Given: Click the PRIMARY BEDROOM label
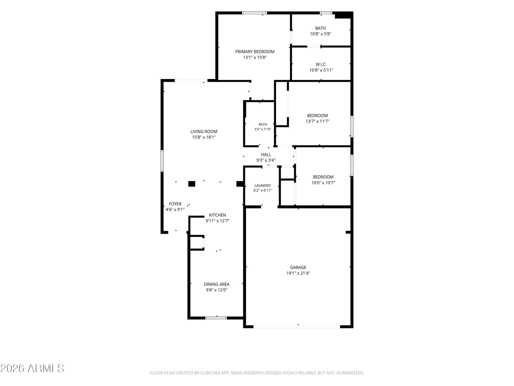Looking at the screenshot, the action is tap(254, 51).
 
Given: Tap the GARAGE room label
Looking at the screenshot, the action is tap(298, 267).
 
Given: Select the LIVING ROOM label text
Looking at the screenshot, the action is tap(203, 132).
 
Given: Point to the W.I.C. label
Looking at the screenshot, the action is tap(321, 64).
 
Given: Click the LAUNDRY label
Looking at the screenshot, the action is tap(262, 185).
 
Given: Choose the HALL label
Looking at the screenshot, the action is tap(266, 154).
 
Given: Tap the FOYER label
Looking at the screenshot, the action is tap(175, 204).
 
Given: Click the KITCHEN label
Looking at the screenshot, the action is tap(217, 215).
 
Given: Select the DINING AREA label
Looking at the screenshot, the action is tap(217, 284).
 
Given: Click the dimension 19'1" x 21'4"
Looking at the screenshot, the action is tap(298, 273).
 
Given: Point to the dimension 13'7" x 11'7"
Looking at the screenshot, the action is tap(317, 121).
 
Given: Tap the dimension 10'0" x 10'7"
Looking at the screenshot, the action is tap(323, 183).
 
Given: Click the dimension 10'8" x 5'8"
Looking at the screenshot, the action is tap(320, 34).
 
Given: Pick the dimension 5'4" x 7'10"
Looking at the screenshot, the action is tap(263, 129).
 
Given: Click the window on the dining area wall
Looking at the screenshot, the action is tap(216, 318).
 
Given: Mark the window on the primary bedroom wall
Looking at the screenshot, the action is tap(254, 13).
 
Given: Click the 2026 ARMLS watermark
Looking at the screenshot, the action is tap(32, 368).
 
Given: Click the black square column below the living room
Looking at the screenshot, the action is tap(191, 184).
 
